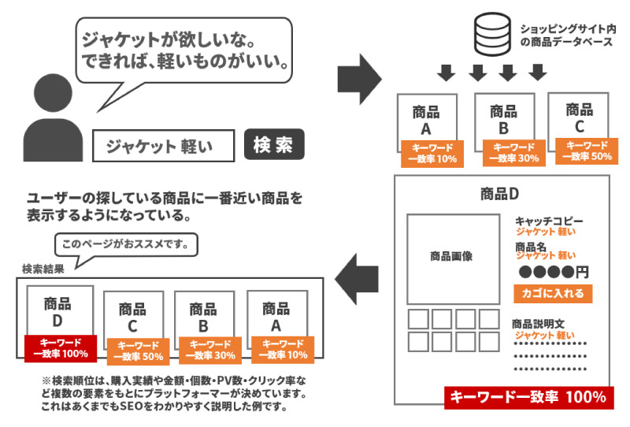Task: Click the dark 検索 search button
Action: tap(273, 145)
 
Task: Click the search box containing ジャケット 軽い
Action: tap(164, 146)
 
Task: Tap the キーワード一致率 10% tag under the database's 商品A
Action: tap(431, 152)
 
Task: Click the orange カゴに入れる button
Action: tap(553, 294)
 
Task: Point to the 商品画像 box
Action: tap(452, 257)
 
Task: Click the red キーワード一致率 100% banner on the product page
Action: tap(528, 398)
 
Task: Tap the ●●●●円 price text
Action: tap(554, 273)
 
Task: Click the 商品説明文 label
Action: tap(539, 324)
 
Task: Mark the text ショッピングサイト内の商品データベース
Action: tap(566, 35)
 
